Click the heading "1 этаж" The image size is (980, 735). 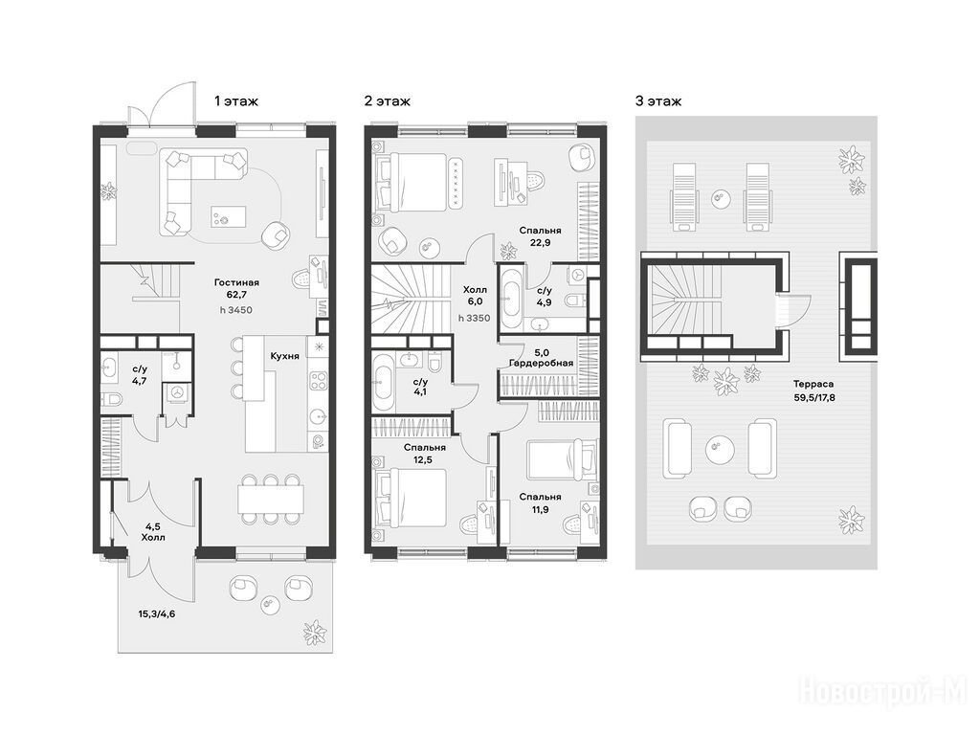(x=236, y=100)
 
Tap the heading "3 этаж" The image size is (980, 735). (x=658, y=100)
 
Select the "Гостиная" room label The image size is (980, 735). (x=236, y=282)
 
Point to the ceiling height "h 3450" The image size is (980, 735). (x=236, y=310)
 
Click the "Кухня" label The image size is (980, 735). (x=284, y=356)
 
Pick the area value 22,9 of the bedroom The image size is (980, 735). (x=540, y=243)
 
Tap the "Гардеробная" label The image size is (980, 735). (x=542, y=363)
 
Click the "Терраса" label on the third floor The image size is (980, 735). (x=813, y=385)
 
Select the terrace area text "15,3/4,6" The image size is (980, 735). (x=157, y=613)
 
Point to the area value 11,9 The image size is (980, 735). (x=540, y=509)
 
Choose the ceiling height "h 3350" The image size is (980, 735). (x=475, y=318)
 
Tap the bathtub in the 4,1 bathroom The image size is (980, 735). (x=383, y=383)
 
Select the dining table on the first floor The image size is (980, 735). (x=271, y=499)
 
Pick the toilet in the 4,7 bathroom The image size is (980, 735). (x=112, y=398)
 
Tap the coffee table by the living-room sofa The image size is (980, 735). (x=228, y=217)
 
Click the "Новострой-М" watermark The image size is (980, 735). (x=883, y=691)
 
